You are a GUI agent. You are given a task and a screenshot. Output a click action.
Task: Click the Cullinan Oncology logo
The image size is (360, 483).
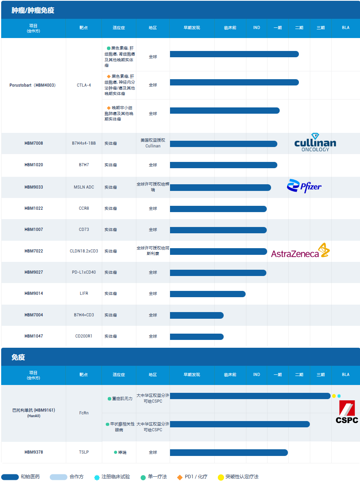pos(315,143)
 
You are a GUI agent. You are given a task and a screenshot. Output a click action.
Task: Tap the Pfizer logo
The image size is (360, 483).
pos(304,187)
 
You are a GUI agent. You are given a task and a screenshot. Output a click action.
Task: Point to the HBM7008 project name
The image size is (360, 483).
pos(34,143)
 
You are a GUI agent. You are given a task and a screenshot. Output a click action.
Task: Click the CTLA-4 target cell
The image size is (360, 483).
pos(84,85)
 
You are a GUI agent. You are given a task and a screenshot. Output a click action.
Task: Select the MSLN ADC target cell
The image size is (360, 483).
pos(84,187)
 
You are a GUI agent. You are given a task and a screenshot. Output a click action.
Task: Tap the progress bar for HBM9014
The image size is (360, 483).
pos(208,294)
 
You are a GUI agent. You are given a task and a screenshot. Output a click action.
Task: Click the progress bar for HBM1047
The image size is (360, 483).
pos(197,336)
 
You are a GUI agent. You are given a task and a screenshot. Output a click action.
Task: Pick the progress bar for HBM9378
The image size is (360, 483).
pos(229,452)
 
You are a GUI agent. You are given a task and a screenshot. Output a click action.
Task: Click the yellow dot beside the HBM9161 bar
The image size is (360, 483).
pos(334,396)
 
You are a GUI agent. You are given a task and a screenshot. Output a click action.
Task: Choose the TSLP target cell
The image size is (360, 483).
pos(84,452)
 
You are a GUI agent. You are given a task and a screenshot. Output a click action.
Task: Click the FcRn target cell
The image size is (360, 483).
pos(84,413)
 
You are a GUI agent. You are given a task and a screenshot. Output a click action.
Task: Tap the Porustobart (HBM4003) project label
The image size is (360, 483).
pos(33,85)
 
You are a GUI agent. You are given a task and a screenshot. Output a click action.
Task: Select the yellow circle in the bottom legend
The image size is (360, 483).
pos(221,477)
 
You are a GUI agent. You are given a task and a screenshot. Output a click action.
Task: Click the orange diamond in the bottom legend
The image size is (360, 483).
pos(180,477)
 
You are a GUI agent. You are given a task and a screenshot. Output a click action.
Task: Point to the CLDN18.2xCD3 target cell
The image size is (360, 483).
pos(84,251)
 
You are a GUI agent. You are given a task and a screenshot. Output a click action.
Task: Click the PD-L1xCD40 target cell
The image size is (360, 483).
pos(84,272)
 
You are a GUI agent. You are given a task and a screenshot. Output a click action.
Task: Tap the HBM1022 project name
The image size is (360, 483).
pos(34,208)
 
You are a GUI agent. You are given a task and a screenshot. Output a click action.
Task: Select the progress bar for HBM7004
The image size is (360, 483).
pos(197,315)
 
